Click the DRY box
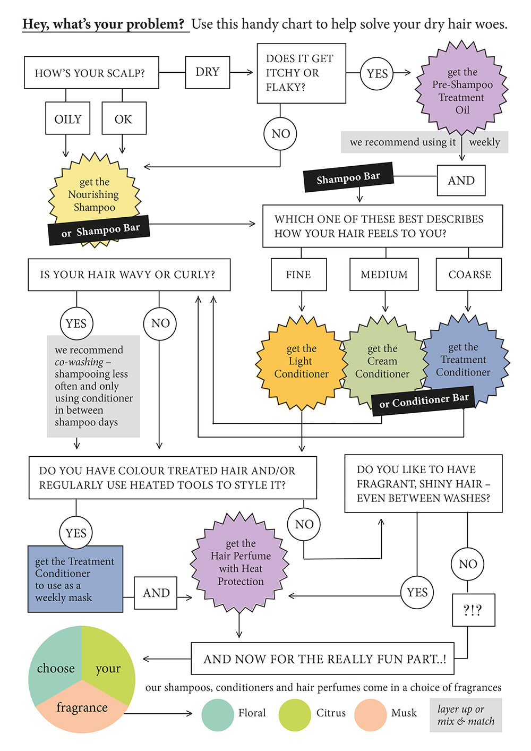point(208,72)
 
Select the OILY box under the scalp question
point(68,119)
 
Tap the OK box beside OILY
point(123,119)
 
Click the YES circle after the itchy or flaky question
point(377,73)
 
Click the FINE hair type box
point(298,275)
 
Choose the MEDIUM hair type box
point(384,275)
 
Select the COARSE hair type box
point(469,275)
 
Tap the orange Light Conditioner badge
point(301,362)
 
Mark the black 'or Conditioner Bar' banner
point(423,400)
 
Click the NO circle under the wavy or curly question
point(160,323)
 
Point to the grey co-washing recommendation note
point(93,386)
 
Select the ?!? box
point(473,610)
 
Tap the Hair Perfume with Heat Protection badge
point(241,562)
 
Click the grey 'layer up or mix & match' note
point(466,715)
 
